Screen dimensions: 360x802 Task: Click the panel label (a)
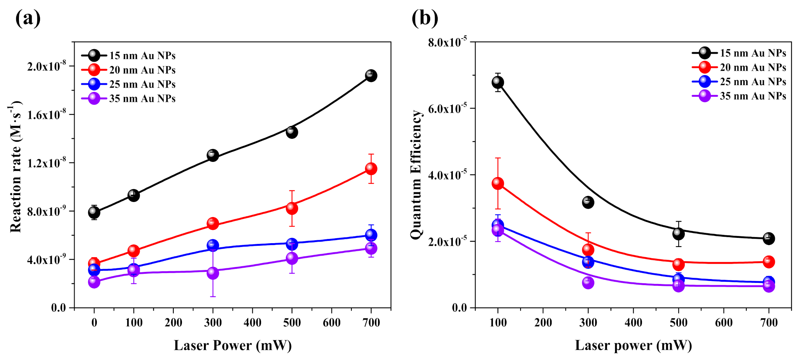click(28, 18)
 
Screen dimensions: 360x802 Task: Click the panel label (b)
click(424, 18)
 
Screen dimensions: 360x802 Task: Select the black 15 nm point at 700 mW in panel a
click(371, 76)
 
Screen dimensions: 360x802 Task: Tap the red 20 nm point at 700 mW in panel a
click(371, 169)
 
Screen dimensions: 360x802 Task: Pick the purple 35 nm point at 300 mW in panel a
click(213, 273)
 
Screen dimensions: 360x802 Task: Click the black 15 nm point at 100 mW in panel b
click(497, 82)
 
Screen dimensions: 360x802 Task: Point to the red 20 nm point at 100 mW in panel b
click(497, 184)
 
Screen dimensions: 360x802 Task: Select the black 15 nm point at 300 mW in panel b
click(588, 202)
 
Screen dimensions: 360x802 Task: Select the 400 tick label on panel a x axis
click(252, 323)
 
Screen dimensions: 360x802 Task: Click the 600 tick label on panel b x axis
click(723, 323)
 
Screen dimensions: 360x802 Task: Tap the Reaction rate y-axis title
click(16, 166)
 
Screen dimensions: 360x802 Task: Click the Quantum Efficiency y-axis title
click(416, 175)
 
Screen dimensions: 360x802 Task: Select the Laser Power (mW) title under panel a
click(232, 345)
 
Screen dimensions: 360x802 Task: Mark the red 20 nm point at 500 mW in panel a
click(292, 208)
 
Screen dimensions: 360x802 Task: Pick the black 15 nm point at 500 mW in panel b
click(678, 234)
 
